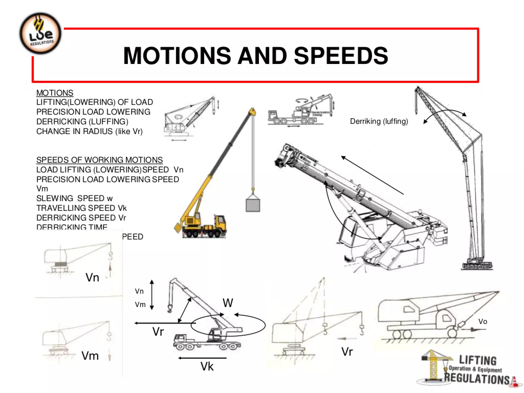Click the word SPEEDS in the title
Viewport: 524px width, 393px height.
click(x=341, y=56)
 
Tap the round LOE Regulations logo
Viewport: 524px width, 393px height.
click(x=40, y=34)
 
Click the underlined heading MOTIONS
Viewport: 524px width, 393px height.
click(x=55, y=93)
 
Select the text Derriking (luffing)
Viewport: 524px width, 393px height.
click(x=379, y=121)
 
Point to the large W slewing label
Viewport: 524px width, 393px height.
click(x=228, y=303)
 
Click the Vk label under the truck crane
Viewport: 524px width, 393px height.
click(x=207, y=366)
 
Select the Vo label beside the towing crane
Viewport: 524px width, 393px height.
click(x=483, y=322)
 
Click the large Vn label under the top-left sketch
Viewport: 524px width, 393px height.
click(x=92, y=278)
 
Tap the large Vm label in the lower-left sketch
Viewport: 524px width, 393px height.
click(x=90, y=356)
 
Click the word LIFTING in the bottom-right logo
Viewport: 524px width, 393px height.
click(x=478, y=361)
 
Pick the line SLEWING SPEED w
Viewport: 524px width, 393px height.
click(x=74, y=198)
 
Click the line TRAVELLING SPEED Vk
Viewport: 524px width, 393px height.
click(x=81, y=208)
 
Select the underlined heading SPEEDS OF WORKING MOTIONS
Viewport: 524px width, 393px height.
click(x=99, y=160)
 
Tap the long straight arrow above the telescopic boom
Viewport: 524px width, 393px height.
click(x=372, y=175)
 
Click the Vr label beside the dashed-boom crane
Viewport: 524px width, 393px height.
click(x=347, y=352)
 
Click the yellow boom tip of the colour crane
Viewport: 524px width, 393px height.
click(x=252, y=112)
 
